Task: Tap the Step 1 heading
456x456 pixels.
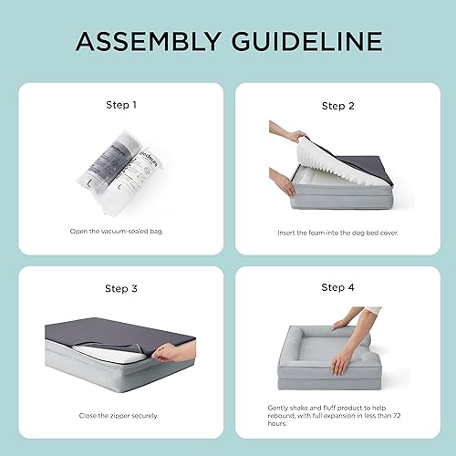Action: pyautogui.click(x=121, y=105)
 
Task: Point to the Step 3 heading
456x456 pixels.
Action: pyautogui.click(x=121, y=288)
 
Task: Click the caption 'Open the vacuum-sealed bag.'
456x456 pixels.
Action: pyautogui.click(x=121, y=231)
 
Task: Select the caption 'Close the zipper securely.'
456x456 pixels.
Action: pyautogui.click(x=121, y=413)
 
